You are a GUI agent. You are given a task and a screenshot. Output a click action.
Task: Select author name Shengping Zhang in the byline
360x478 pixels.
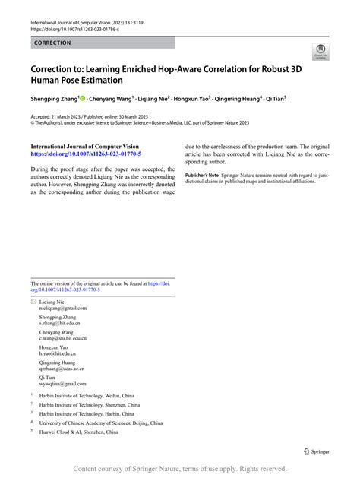point(53,99)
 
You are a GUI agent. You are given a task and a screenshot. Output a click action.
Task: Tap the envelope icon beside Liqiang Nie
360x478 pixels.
point(33,302)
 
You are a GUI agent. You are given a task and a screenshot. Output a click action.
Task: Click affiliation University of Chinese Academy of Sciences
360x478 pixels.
point(91,423)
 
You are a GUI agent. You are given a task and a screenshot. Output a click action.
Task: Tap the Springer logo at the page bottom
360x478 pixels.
point(316,451)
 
